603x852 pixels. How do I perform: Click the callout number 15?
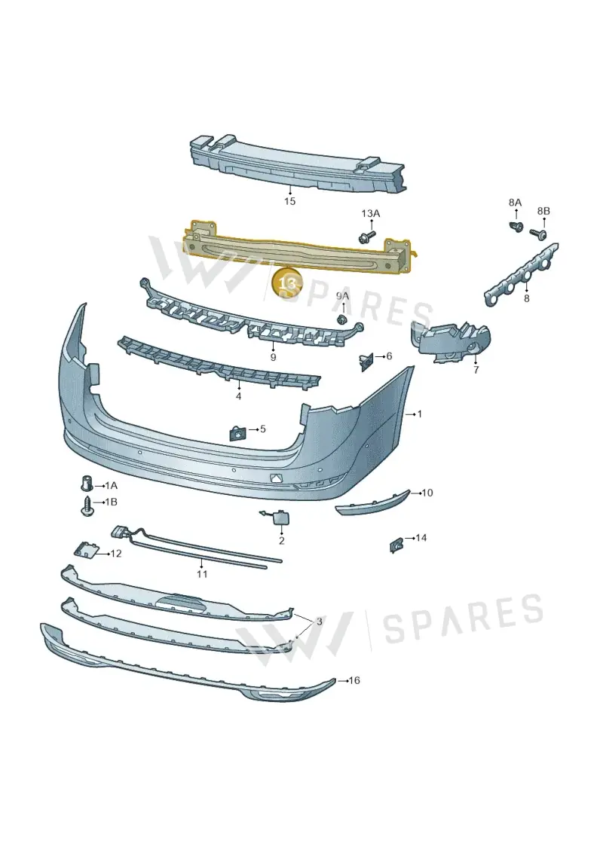pyautogui.click(x=289, y=202)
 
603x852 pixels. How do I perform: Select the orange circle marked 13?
pyautogui.click(x=286, y=283)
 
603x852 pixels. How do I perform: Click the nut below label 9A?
pyautogui.click(x=342, y=319)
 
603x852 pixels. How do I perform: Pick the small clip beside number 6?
pyautogui.click(x=366, y=361)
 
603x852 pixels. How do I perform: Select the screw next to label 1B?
pyautogui.click(x=87, y=505)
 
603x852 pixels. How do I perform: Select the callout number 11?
pyautogui.click(x=202, y=574)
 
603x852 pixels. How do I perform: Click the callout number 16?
pyautogui.click(x=354, y=680)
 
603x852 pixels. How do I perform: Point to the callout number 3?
pyautogui.click(x=319, y=621)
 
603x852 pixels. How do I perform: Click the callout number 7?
pyautogui.click(x=476, y=371)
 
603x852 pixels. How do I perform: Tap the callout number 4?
pyautogui.click(x=239, y=396)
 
